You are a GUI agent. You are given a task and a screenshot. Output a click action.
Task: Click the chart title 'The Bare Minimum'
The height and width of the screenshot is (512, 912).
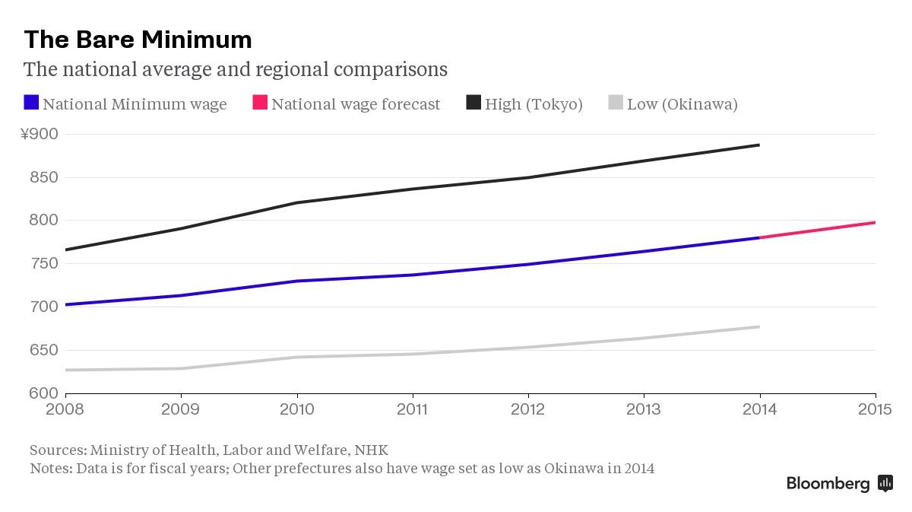[x=138, y=39]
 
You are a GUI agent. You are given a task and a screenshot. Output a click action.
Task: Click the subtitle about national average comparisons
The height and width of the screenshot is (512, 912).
[x=235, y=69]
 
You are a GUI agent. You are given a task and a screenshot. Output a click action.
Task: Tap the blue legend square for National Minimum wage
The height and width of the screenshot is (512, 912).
[x=31, y=103]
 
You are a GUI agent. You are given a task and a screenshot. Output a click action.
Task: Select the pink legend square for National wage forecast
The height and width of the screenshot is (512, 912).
[x=260, y=103]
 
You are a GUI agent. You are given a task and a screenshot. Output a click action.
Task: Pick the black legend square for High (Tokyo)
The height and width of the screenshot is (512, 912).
[x=473, y=103]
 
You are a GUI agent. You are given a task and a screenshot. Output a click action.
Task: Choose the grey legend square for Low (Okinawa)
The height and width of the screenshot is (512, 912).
[x=616, y=103]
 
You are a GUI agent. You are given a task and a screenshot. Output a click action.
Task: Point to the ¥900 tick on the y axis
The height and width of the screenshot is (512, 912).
[x=39, y=135]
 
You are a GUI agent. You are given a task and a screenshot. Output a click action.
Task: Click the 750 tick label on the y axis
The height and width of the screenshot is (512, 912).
[x=45, y=264]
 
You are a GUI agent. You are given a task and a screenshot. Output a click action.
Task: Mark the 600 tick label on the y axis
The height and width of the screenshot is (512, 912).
[x=45, y=393]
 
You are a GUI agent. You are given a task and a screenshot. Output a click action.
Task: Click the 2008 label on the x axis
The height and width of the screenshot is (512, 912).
[x=66, y=410]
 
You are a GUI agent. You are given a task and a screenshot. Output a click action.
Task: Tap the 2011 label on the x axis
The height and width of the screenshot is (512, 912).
[x=413, y=410]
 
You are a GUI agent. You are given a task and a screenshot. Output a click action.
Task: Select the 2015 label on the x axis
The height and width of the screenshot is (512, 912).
[x=875, y=410]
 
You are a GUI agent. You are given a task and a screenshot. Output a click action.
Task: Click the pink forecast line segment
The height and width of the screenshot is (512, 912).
[x=818, y=230]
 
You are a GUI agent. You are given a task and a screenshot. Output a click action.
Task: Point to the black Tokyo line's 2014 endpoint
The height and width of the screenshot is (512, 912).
[x=759, y=145]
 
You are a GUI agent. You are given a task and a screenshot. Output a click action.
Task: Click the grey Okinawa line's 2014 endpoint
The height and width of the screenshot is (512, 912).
[x=759, y=327]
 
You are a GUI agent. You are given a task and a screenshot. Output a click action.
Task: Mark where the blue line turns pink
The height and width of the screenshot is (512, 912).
[x=760, y=237]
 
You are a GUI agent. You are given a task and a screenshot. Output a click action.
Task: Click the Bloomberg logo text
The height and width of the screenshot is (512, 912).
[x=828, y=483]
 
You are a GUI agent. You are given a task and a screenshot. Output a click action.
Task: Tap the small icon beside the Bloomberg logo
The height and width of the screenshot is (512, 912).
[x=885, y=483]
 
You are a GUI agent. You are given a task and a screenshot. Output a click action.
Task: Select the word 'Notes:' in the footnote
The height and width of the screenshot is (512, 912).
[x=51, y=468]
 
